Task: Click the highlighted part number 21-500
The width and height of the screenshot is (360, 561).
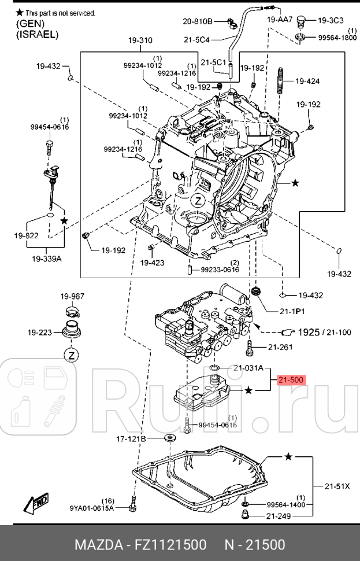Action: (x=291, y=380)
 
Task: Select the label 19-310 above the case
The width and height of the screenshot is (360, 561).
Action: (x=140, y=40)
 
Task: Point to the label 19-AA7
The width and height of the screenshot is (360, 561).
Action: (x=280, y=20)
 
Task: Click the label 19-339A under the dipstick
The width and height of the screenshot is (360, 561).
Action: (x=47, y=259)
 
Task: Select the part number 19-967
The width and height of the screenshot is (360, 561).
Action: (x=72, y=296)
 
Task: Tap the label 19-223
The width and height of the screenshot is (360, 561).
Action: (x=39, y=333)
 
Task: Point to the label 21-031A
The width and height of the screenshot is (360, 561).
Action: (x=248, y=368)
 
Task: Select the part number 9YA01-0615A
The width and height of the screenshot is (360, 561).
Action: (x=92, y=508)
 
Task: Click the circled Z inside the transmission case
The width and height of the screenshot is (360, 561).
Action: (x=198, y=201)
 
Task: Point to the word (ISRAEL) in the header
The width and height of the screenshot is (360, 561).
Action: (x=38, y=34)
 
